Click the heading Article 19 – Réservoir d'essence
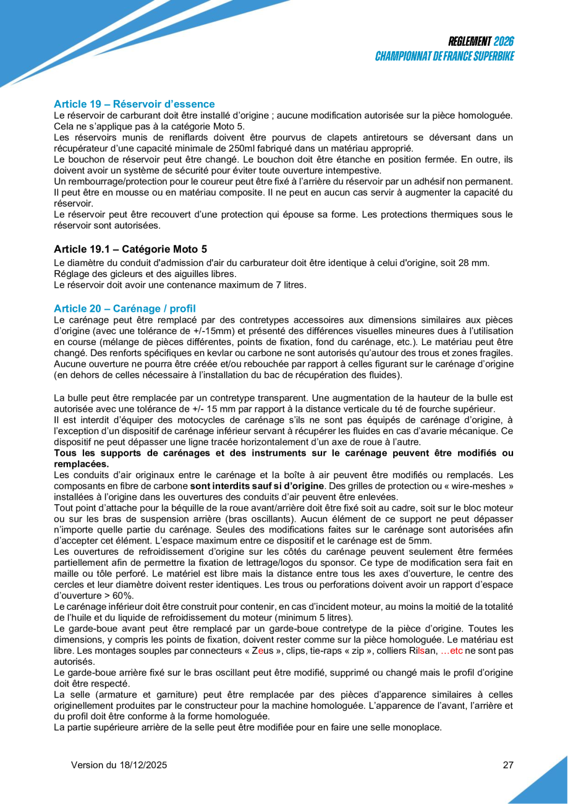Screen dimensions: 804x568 coord(134,104)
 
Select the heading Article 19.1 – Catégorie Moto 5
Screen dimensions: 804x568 coord(130,249)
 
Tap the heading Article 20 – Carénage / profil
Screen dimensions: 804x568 coord(125,308)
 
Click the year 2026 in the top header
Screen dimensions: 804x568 coord(504,42)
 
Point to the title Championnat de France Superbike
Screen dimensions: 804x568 coord(445,56)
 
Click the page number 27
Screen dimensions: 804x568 coord(508,765)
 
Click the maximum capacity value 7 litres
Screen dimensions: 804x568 coord(290,284)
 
